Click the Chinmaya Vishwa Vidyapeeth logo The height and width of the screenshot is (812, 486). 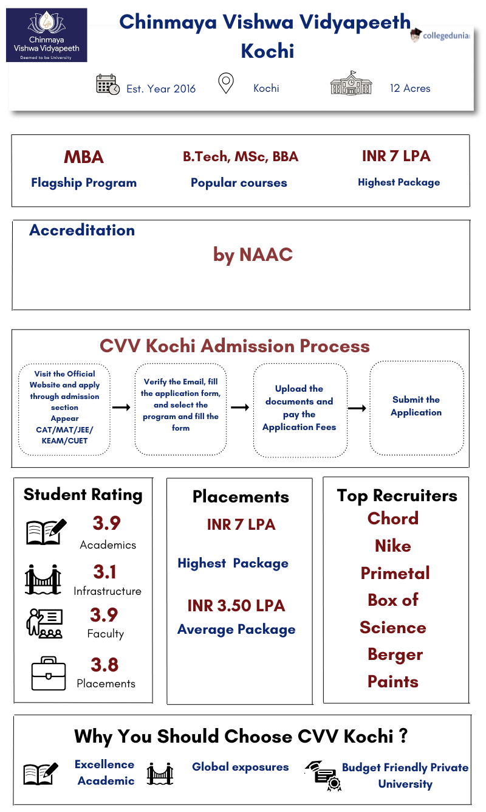click(47, 35)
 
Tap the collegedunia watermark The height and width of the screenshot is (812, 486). click(440, 35)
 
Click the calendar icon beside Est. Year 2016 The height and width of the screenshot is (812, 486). click(108, 85)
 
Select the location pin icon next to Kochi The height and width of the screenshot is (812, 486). click(226, 84)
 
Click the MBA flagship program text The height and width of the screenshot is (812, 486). click(84, 157)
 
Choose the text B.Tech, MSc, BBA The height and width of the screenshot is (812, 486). click(241, 157)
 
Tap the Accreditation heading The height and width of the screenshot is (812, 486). click(82, 231)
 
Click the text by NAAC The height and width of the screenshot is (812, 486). click(253, 254)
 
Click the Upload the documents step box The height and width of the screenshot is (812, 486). click(299, 408)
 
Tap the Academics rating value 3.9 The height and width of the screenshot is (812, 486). click(107, 523)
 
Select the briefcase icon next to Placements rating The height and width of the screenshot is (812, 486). click(48, 673)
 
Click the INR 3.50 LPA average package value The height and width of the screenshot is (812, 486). click(236, 606)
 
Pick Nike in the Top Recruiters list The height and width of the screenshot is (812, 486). click(393, 546)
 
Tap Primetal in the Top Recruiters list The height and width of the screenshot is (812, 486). click(395, 573)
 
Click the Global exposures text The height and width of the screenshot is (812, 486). click(241, 767)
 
